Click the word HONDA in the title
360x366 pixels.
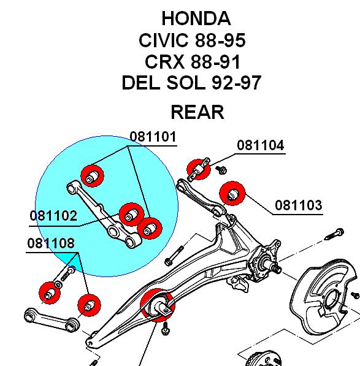point(196,18)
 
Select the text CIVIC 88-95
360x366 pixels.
point(192,40)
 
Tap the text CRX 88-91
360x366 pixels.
point(193,62)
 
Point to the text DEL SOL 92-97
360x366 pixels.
point(191,83)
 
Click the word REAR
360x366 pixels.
point(197,112)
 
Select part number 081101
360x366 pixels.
point(153,137)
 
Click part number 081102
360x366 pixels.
point(53,216)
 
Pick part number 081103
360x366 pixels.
point(299,205)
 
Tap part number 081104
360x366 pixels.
point(260,145)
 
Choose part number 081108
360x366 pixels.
point(51,243)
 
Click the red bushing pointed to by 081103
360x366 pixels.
point(232,194)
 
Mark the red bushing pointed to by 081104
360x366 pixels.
point(199,169)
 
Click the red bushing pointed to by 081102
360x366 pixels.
point(131,215)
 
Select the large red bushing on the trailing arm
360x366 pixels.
point(158,305)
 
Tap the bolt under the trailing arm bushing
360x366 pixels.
point(165,328)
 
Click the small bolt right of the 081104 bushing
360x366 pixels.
point(221,170)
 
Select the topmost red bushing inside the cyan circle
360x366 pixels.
point(93,176)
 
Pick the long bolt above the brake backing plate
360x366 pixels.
point(334,234)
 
